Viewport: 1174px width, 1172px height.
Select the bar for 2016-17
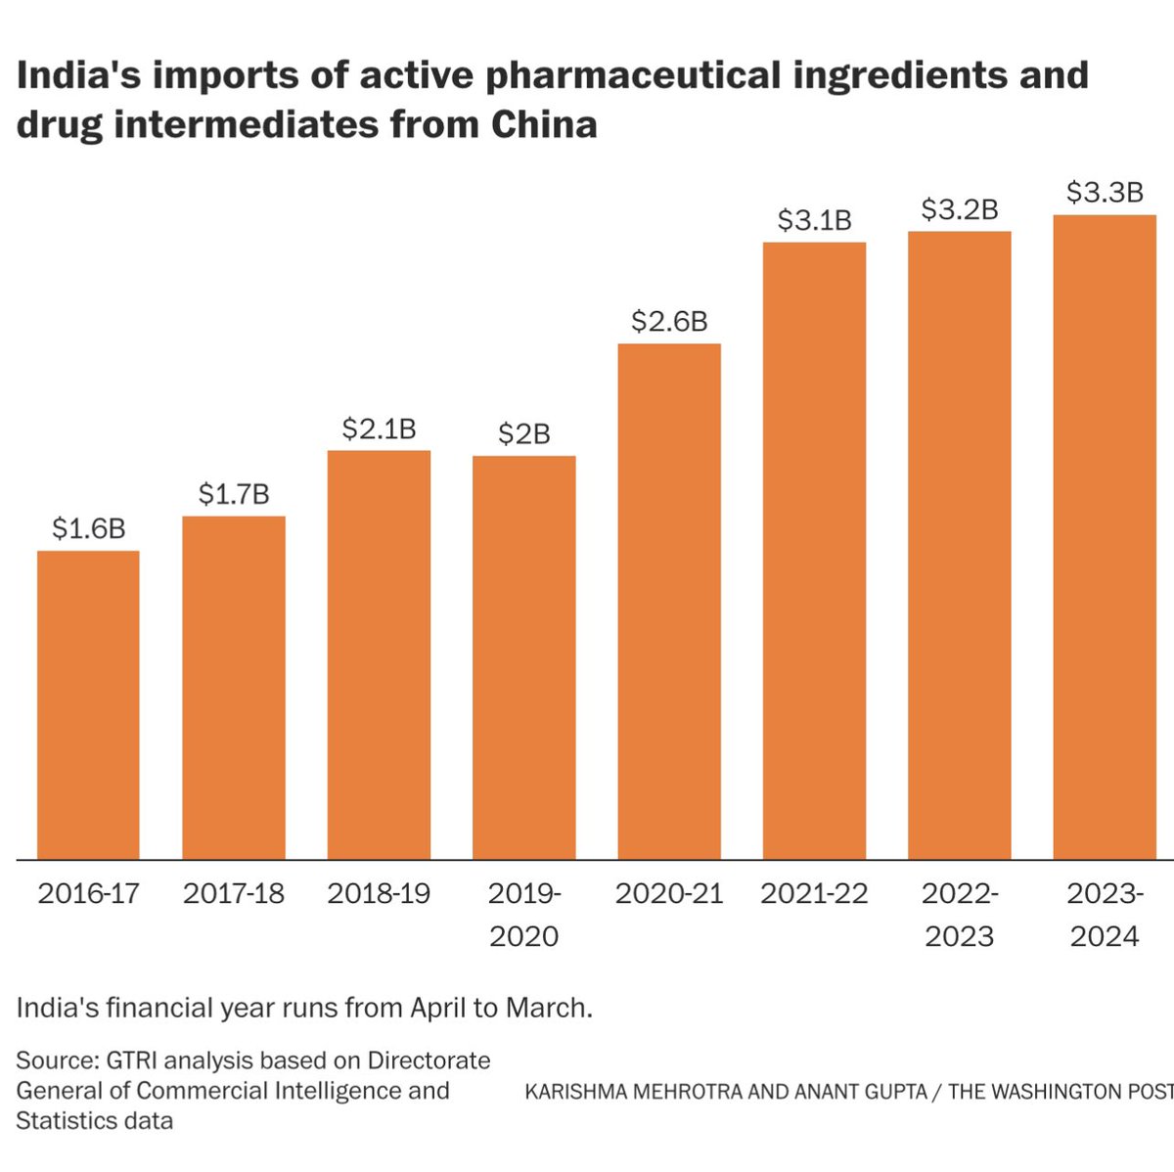[88, 704]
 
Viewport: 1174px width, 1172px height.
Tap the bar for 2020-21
[669, 602]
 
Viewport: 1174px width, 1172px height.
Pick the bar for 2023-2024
[1105, 537]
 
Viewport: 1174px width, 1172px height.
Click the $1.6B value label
[88, 529]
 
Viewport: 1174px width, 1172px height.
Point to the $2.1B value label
[379, 428]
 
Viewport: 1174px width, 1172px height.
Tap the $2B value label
[523, 433]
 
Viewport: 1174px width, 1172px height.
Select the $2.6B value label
[669, 321]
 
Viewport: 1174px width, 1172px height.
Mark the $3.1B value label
[814, 220]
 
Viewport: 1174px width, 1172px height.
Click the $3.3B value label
[1105, 193]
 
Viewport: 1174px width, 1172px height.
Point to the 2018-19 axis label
[379, 893]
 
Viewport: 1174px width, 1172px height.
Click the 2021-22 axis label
[814, 893]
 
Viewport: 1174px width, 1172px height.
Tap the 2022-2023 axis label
[960, 915]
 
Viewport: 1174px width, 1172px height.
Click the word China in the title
[544, 124]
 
